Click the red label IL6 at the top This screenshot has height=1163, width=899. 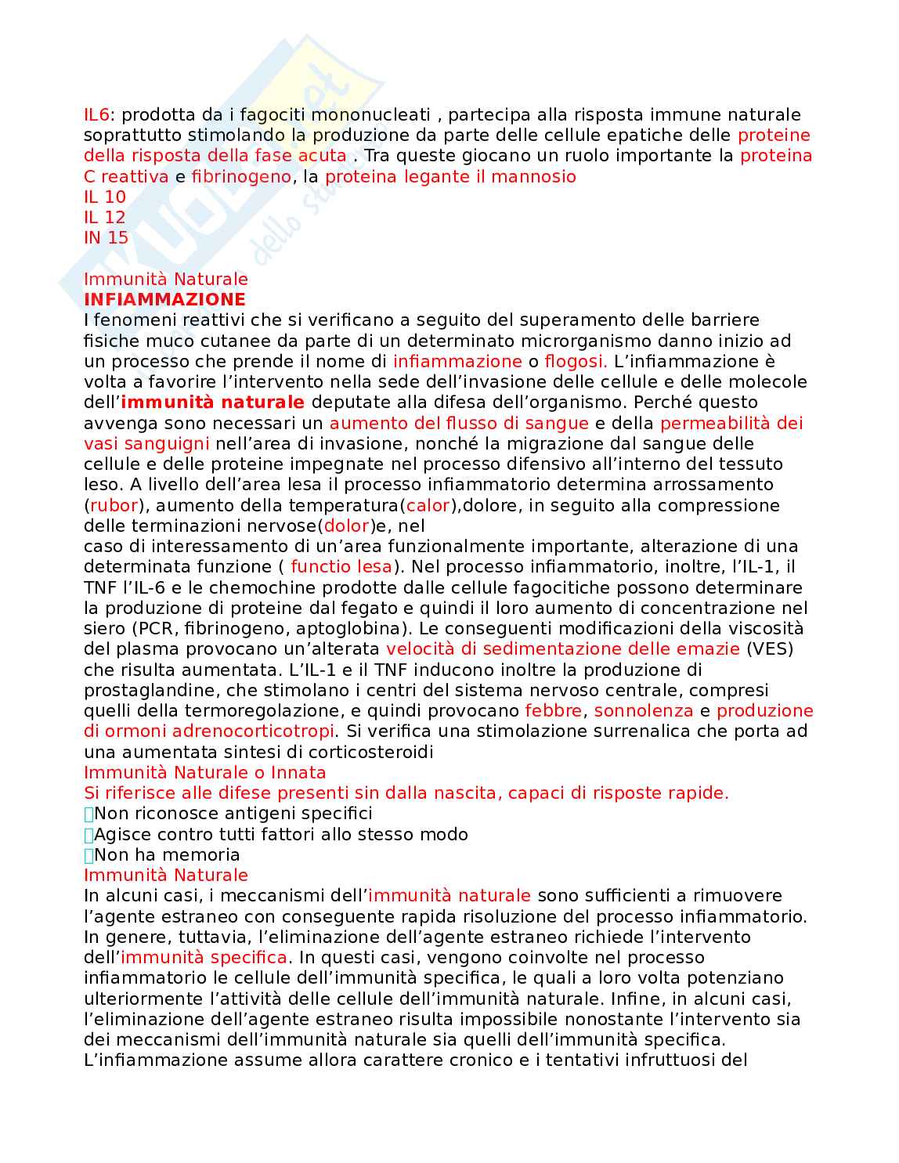tap(96, 115)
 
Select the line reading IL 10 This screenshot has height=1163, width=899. tap(105, 197)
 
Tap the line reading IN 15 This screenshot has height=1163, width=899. tap(106, 238)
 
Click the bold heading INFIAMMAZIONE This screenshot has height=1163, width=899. tap(164, 299)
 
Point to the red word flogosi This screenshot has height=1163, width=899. tap(576, 361)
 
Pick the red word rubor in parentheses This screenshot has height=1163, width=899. tap(114, 505)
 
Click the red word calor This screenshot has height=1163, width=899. tap(428, 505)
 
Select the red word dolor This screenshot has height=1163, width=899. tap(346, 526)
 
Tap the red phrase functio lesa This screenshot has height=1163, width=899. tap(341, 566)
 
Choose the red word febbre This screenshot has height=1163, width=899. tap(554, 710)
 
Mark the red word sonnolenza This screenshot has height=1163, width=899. tap(644, 710)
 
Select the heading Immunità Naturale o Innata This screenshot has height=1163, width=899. tap(204, 772)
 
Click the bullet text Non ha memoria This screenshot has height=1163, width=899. tap(167, 854)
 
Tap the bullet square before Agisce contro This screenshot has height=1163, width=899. tap(88, 835)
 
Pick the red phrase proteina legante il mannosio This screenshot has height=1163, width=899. tap(450, 177)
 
